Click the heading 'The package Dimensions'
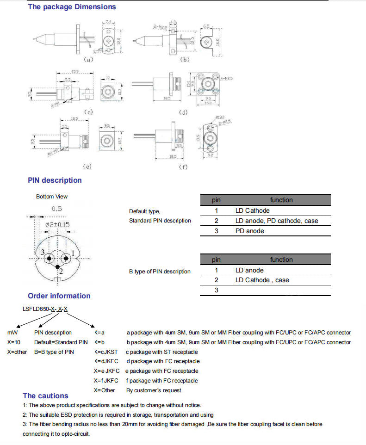point(72,7)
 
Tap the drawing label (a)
point(88,60)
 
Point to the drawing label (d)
point(184,112)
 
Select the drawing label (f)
point(184,167)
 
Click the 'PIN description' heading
point(55,180)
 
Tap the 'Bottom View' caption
point(52,197)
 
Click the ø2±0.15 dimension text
point(57,224)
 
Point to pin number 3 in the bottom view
point(42,253)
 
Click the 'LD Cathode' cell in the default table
point(252,211)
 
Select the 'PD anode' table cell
point(249,231)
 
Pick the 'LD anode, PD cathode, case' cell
point(277,221)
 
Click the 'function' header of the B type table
point(281,260)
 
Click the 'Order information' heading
point(59,296)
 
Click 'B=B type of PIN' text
point(54,352)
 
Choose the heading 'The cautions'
point(45,396)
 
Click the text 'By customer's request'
point(154,390)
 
